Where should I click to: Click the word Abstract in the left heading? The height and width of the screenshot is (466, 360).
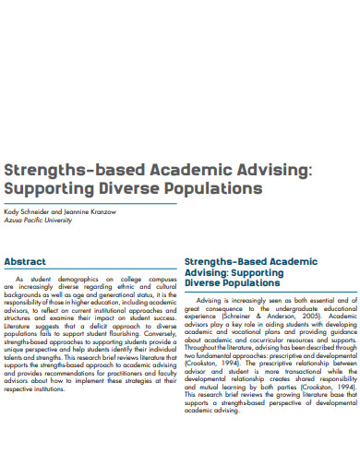click(25, 261)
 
